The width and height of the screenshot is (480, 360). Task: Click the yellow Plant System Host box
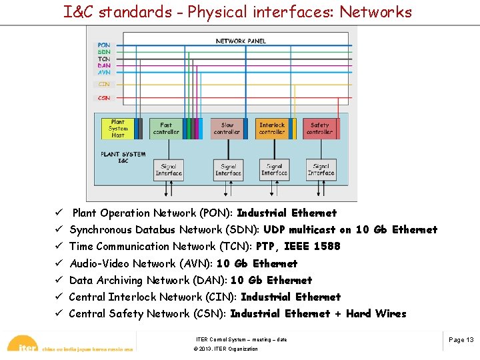point(117,128)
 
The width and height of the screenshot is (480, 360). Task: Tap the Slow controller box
point(227,128)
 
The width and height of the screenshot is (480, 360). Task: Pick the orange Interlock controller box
point(272,128)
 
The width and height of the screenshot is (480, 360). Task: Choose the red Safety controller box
point(319,128)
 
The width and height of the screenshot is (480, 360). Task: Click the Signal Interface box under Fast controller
point(168,170)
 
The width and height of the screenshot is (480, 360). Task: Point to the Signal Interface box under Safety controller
point(321,170)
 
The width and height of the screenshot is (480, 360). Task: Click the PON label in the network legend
point(104,45)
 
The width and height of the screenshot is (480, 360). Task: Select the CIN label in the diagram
point(104,85)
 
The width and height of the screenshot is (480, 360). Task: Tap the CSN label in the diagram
point(104,98)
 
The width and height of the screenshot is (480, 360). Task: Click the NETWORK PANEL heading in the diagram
point(241,41)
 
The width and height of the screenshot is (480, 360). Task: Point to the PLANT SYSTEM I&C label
point(123,157)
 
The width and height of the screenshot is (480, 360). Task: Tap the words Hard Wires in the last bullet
point(376,313)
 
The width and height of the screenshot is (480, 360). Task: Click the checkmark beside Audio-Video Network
point(59,263)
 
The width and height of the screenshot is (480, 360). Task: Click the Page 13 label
point(461,340)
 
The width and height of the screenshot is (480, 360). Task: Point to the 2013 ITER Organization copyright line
point(225,349)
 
